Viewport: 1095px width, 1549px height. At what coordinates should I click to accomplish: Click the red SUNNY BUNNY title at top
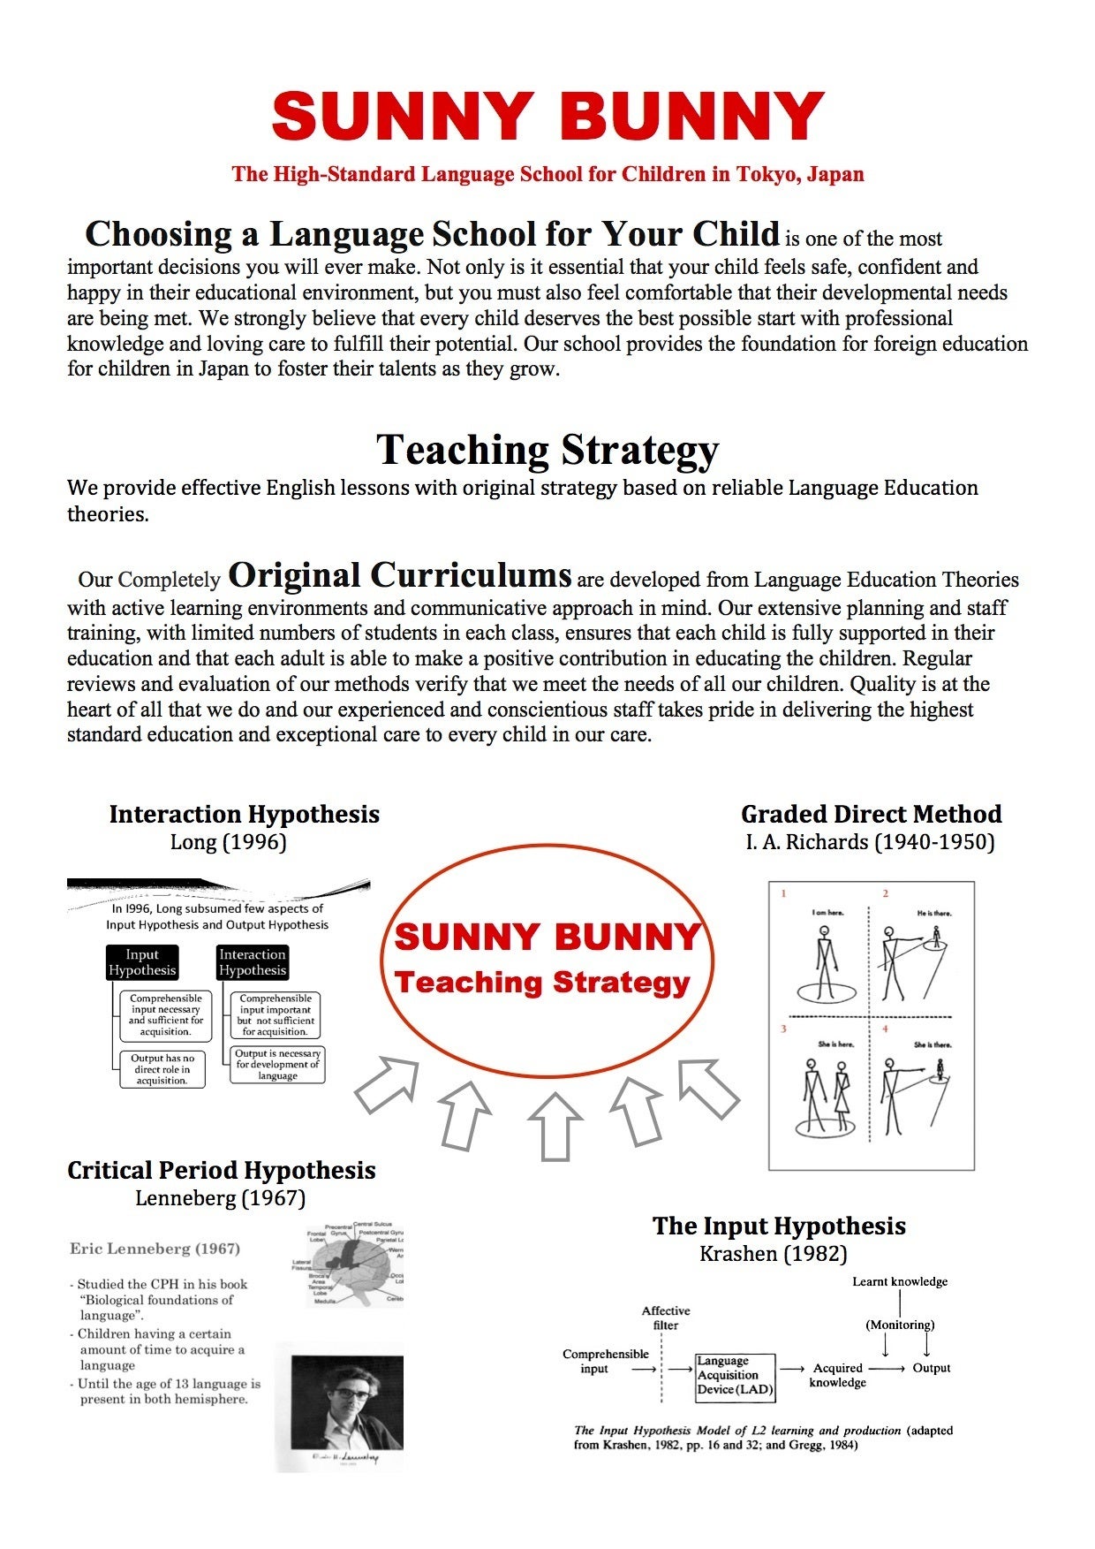(547, 116)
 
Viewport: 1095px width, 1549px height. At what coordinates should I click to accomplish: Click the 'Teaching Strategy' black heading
(547, 450)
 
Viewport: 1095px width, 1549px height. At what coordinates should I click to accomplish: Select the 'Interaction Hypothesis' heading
(245, 814)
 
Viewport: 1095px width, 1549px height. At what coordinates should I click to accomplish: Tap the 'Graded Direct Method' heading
(871, 814)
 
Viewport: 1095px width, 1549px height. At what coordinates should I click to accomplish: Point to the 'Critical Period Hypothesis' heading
(221, 1170)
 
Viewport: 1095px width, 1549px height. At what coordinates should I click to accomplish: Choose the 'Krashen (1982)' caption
(773, 1253)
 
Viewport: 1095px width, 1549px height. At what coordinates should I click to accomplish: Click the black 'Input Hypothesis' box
(141, 962)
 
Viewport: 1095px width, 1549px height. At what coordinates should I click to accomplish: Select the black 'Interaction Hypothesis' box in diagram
(253, 962)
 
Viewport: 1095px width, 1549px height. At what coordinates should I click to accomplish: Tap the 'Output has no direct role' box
(162, 1069)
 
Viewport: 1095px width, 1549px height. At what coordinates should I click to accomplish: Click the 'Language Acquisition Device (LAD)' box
(735, 1376)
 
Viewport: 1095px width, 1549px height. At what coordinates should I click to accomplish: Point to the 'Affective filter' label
(666, 1317)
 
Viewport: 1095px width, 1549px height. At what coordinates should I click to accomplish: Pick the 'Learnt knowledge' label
(899, 1281)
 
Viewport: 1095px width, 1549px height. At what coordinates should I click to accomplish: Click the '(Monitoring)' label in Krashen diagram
(900, 1325)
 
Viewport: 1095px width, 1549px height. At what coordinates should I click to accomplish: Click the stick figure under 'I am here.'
(825, 963)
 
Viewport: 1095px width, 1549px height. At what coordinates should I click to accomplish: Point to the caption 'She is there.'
(933, 1044)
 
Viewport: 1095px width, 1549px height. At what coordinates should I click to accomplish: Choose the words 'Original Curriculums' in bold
(399, 575)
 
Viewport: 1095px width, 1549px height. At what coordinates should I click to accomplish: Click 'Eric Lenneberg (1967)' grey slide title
(155, 1249)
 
